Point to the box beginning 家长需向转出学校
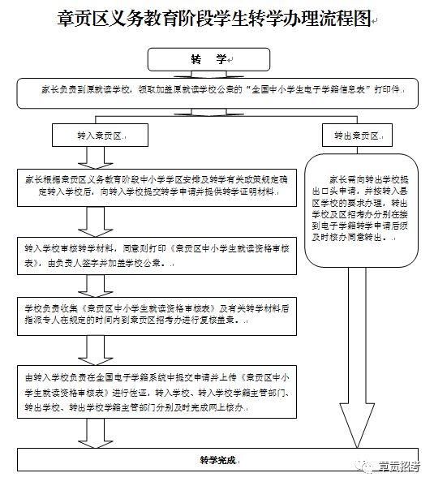(x=363, y=211)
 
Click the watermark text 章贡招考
(x=399, y=467)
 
